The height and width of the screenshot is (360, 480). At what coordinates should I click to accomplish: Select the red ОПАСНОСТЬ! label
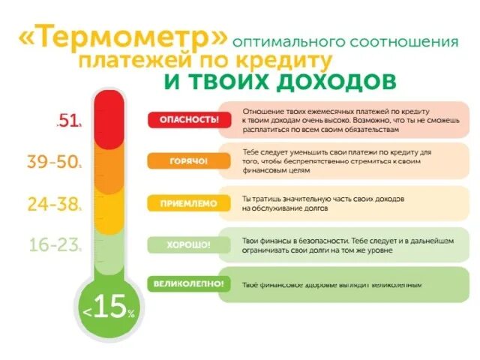point(184,119)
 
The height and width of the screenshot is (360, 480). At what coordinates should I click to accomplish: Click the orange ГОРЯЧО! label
point(184,161)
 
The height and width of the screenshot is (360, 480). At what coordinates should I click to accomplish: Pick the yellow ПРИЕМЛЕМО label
point(184,202)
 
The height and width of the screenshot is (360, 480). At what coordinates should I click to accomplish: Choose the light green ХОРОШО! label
point(184,244)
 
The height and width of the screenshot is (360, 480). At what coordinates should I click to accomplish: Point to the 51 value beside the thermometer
point(70,121)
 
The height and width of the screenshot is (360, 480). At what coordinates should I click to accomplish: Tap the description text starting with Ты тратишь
point(322,203)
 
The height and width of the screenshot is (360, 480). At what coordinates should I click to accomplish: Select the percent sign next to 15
point(131,314)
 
